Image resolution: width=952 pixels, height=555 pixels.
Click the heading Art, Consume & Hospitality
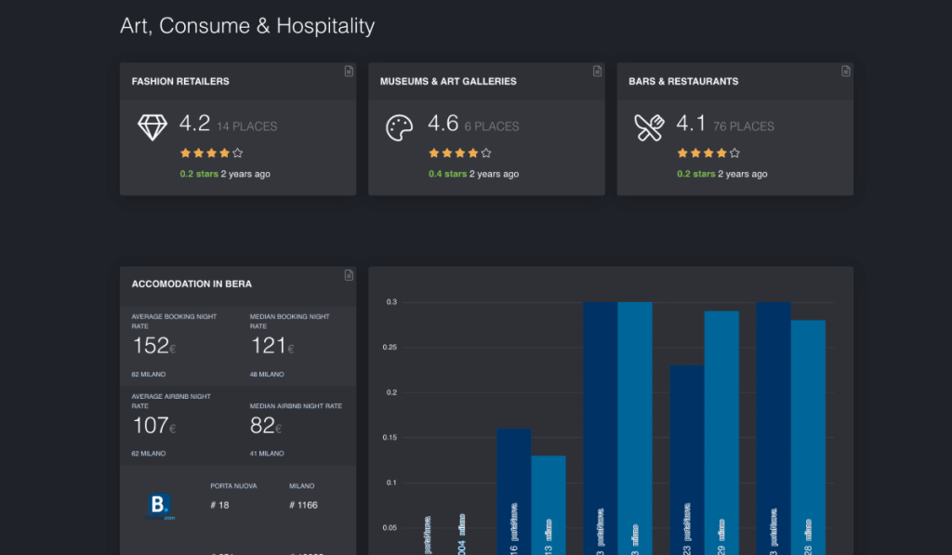pos(247,26)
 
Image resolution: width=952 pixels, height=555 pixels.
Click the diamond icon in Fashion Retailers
pos(152,127)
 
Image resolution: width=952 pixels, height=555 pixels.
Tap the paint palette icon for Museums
pos(401,127)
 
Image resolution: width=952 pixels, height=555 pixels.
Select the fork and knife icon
pos(649,127)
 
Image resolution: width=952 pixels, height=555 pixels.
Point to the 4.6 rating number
pos(443,124)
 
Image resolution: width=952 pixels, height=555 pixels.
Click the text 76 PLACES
pos(744,126)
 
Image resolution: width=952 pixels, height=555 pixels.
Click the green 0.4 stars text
pos(447,174)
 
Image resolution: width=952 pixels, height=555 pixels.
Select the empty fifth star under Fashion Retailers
pos(238,152)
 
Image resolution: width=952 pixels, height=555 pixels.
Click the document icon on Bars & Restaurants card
pos(846,71)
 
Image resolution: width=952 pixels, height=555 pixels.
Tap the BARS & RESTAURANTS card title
pos(683,82)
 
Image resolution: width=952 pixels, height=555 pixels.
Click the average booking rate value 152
pos(151,346)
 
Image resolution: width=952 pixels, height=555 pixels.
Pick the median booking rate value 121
pos(269,346)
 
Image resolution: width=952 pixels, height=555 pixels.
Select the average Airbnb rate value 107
pos(151,426)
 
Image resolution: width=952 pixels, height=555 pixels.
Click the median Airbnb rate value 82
pos(263,426)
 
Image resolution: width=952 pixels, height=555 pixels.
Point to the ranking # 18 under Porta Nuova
pos(220,505)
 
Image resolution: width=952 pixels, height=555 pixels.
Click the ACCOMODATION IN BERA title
pos(192,284)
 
